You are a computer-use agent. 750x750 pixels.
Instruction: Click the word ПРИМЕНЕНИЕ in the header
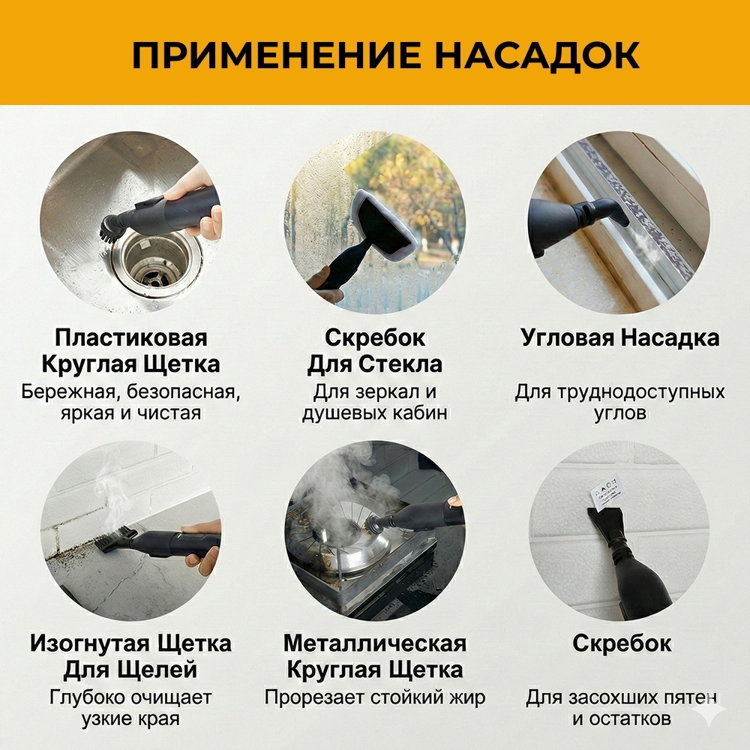tap(276, 55)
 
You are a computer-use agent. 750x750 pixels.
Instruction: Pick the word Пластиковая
tap(130, 337)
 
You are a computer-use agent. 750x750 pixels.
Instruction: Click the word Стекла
tap(400, 364)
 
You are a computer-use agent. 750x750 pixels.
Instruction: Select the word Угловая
tap(567, 337)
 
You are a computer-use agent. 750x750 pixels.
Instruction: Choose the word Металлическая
tap(374, 643)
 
